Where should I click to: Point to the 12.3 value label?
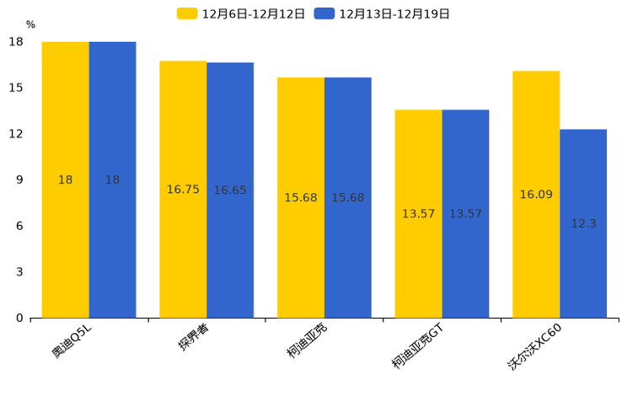[x=583, y=224]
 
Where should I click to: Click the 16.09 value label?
[x=536, y=195]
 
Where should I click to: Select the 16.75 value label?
[x=183, y=190]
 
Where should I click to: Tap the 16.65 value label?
[x=230, y=190]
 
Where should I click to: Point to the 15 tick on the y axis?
[x=16, y=88]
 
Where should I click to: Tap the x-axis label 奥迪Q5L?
[x=72, y=340]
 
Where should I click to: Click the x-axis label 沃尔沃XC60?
[x=534, y=346]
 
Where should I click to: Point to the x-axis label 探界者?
[x=194, y=337]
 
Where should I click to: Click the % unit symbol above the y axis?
[x=30, y=25]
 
